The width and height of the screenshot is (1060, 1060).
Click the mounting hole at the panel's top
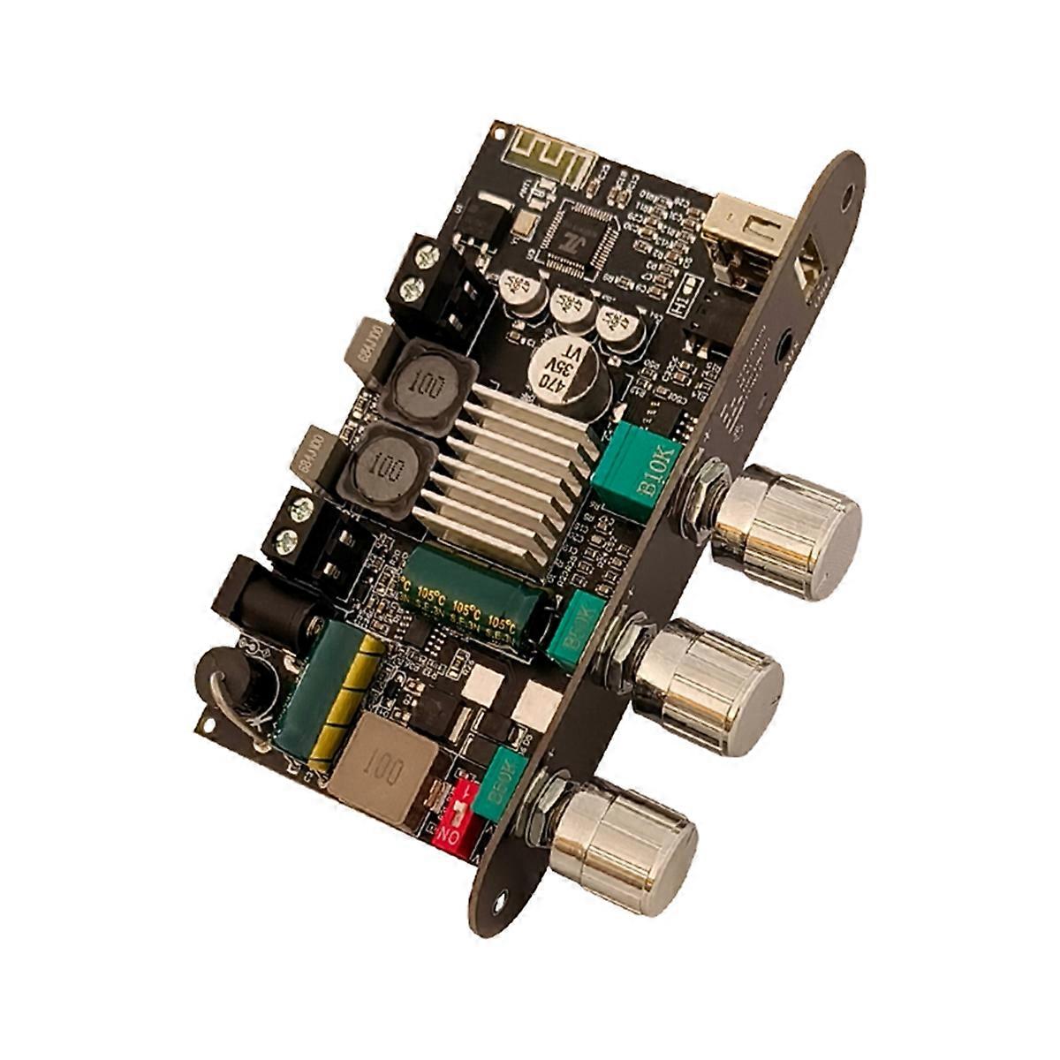pyautogui.click(x=847, y=197)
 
